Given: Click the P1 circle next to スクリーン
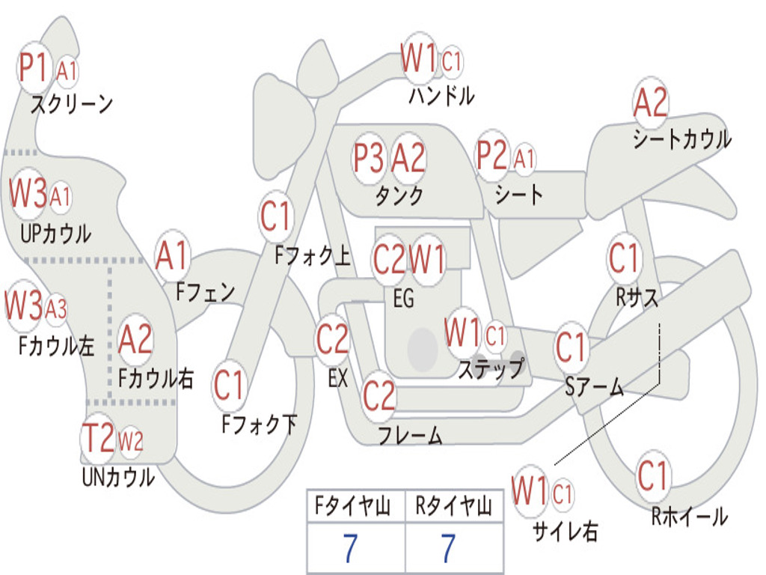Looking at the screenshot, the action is pos(34,67).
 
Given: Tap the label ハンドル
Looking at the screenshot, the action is pos(441,96).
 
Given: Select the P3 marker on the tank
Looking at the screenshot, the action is pos(369,158).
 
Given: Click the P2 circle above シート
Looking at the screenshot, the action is pos(492,156).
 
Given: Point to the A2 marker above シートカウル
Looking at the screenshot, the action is pos(650,103).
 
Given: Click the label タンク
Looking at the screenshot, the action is pos(399,195).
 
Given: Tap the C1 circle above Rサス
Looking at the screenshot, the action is pos(625,259).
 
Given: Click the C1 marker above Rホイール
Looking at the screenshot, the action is pos(653,474).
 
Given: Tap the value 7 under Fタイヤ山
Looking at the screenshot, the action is pos(350,549).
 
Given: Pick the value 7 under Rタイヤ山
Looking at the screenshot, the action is pos(449,549).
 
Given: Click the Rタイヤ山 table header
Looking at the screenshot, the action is pos(454,508).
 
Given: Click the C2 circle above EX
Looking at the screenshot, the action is pos(333,340).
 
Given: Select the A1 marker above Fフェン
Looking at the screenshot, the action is pos(173,256).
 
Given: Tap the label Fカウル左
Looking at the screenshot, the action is pos(57,346).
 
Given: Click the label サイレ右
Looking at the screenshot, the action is pos(565,532).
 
